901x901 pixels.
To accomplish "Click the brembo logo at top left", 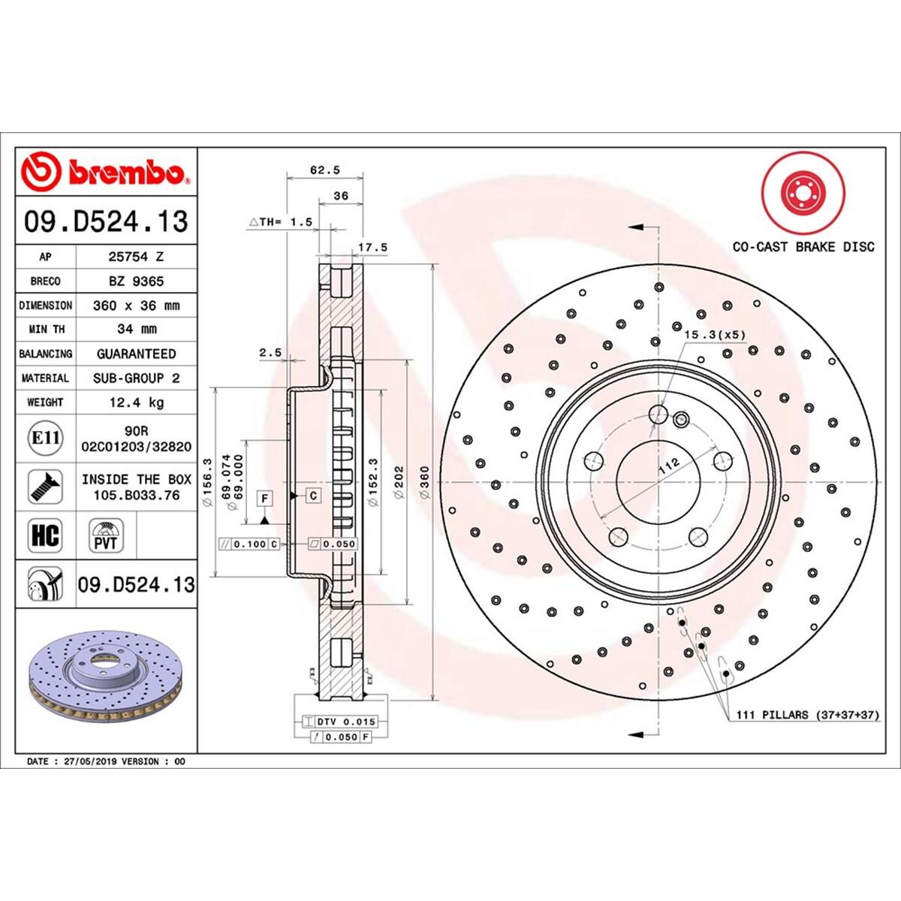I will point(106,172).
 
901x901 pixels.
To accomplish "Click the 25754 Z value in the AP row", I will point(136,257).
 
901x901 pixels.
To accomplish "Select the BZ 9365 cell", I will point(136,282).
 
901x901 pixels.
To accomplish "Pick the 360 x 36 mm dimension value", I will point(136,306).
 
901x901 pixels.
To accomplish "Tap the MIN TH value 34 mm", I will point(136,329).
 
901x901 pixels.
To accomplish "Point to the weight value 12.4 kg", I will point(136,402).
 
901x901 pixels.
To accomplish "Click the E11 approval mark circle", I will point(45,437).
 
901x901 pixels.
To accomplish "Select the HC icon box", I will point(45,536).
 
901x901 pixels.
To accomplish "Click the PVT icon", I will point(106,536).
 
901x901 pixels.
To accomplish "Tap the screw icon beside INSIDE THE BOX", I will point(45,487).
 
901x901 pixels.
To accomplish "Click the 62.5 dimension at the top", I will point(325,170).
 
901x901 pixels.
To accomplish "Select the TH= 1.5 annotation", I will point(280,222).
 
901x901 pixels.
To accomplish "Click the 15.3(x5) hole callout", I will point(715,334).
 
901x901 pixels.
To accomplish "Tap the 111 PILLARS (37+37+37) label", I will point(803,715).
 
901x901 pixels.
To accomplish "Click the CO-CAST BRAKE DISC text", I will point(803,247).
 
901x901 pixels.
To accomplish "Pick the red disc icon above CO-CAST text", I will point(803,193).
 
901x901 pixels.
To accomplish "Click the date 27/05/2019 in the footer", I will point(91,761).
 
